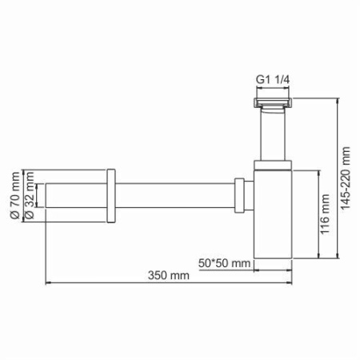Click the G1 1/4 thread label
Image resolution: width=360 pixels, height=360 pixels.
272,81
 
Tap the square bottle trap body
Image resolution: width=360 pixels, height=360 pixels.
272,216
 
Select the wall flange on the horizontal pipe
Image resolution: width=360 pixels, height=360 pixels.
111,194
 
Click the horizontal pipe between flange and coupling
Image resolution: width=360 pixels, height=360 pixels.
176,194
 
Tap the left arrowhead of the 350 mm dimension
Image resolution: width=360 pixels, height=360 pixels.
46,282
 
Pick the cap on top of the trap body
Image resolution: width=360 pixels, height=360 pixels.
272,166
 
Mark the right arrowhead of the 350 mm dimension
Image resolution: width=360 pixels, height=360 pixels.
290,282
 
